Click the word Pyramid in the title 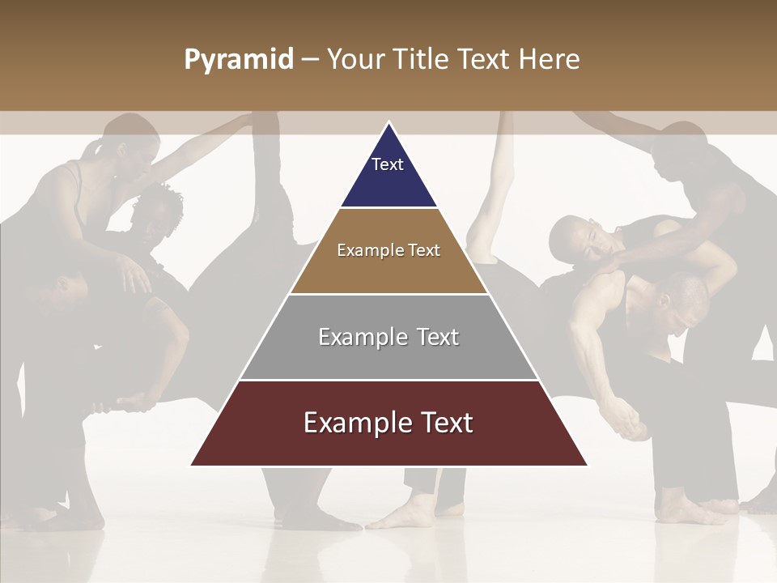coord(239,60)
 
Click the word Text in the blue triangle coord(388,164)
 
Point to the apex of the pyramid coord(388,123)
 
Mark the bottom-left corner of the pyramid coord(191,466)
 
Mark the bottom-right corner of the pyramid coord(587,466)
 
